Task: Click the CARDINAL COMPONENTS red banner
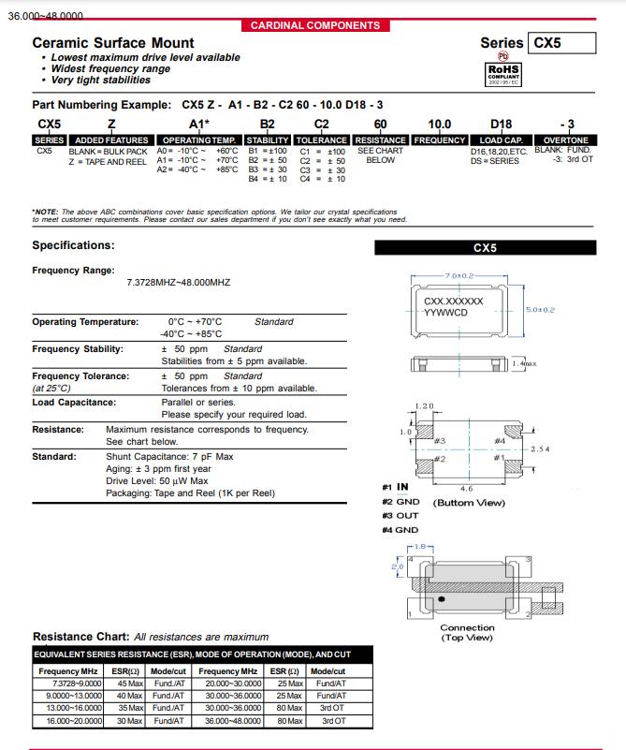click(315, 25)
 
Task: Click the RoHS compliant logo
click(503, 73)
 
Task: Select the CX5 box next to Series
click(561, 43)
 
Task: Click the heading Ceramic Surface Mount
click(113, 43)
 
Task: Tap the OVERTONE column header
click(567, 140)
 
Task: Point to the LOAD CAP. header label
click(501, 140)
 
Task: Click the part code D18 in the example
click(501, 124)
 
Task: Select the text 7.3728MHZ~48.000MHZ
click(178, 282)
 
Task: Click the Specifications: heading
click(73, 245)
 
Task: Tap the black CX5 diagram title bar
click(485, 248)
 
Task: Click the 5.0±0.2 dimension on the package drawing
click(540, 310)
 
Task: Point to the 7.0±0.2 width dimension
click(459, 276)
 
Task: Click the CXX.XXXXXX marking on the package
click(454, 301)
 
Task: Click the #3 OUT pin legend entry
click(400, 516)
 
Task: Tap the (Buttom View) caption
click(469, 503)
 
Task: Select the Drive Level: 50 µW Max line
click(157, 480)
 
